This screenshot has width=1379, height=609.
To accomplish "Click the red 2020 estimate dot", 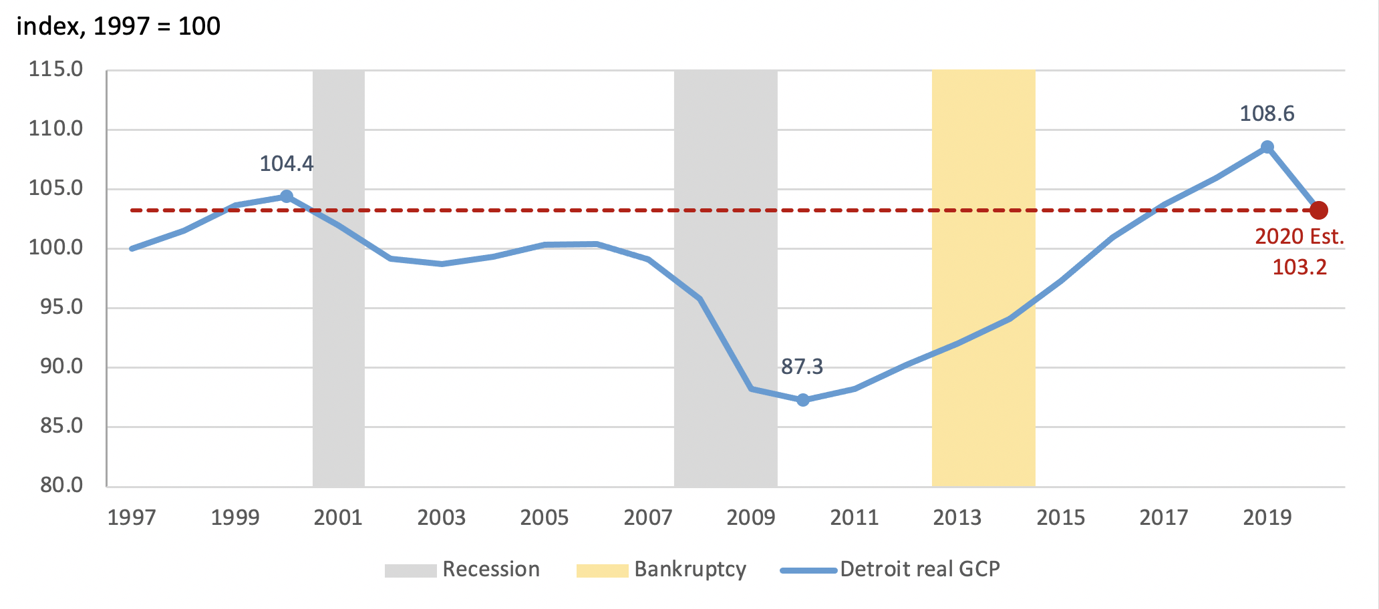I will point(1318,210).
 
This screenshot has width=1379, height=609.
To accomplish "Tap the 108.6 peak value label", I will point(1267,114).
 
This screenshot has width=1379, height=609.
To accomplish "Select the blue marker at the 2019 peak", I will point(1267,147).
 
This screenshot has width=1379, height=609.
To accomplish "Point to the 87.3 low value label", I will point(802,367).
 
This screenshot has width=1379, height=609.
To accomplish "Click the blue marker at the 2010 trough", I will point(803,400).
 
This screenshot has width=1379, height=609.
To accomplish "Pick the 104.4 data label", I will point(286,164).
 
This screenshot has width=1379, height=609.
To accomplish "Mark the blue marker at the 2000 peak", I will point(287,196).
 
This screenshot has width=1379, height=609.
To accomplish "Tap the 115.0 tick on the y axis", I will point(55,69).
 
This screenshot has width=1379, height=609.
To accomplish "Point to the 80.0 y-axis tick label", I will point(61,485).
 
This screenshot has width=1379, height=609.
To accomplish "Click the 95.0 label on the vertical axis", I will point(61,307).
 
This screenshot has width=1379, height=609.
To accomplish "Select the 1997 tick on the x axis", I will point(132,518).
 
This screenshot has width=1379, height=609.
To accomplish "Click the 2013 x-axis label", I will point(957,518).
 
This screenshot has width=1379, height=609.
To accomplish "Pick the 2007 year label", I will point(647,518).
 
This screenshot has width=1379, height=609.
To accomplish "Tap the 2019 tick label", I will point(1267,518).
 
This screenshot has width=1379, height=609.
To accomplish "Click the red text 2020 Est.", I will point(1299,237).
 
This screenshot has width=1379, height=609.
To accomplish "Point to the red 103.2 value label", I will point(1299,268).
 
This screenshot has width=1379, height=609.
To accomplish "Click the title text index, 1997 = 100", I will point(118,27).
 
